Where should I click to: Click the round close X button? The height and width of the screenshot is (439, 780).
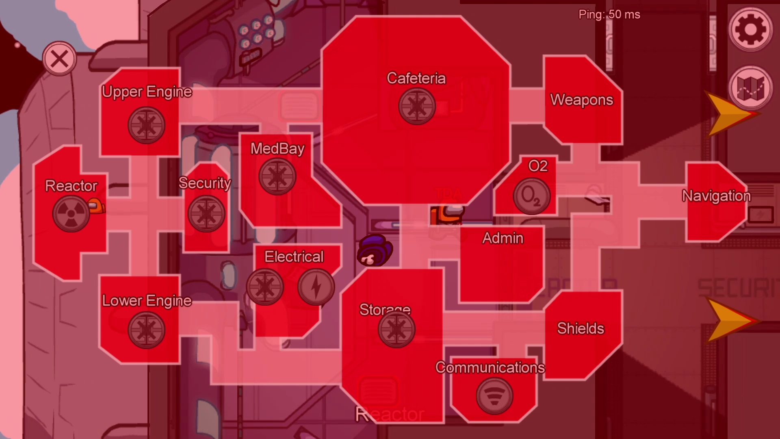[x=59, y=59]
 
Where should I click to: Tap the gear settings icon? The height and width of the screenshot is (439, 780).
[x=750, y=29]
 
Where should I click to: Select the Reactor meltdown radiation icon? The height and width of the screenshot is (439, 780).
[x=71, y=213]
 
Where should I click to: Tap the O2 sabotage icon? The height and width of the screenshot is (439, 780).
[x=531, y=196]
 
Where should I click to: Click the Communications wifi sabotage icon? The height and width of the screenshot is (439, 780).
[x=494, y=396]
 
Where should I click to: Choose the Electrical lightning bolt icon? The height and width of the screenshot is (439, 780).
[x=316, y=287]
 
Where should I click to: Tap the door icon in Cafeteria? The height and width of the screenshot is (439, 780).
[x=417, y=106]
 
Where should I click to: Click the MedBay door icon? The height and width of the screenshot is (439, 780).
[x=277, y=176]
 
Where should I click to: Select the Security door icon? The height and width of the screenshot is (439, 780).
[x=206, y=213]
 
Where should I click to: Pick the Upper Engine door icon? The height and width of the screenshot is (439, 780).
[x=146, y=125]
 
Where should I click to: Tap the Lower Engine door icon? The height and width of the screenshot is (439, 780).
[x=146, y=330]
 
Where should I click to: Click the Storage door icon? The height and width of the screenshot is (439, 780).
[x=396, y=329]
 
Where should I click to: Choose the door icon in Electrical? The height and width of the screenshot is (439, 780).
[x=265, y=287]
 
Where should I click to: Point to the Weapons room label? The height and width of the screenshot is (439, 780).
[x=581, y=100]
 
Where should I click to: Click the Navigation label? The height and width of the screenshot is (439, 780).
[x=716, y=196]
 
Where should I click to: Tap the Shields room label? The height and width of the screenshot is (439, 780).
[x=581, y=328]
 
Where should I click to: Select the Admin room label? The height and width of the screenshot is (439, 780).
[x=503, y=238]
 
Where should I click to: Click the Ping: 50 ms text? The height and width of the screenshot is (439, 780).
[x=609, y=15]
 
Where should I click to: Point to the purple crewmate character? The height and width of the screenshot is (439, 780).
[x=375, y=250]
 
